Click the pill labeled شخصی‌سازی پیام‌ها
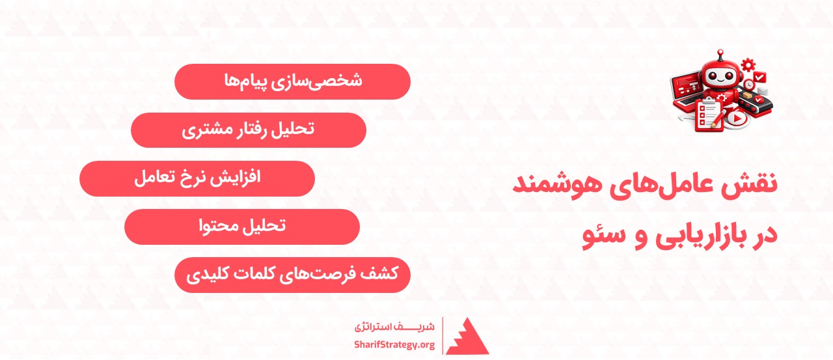tap(292, 81)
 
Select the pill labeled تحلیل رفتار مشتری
tap(248, 130)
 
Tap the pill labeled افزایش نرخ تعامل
tap(197, 178)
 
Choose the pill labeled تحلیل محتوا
tap(241, 226)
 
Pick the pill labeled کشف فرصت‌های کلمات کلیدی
tap(292, 274)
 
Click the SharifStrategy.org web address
tap(394, 344)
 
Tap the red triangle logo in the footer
tap(467, 336)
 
